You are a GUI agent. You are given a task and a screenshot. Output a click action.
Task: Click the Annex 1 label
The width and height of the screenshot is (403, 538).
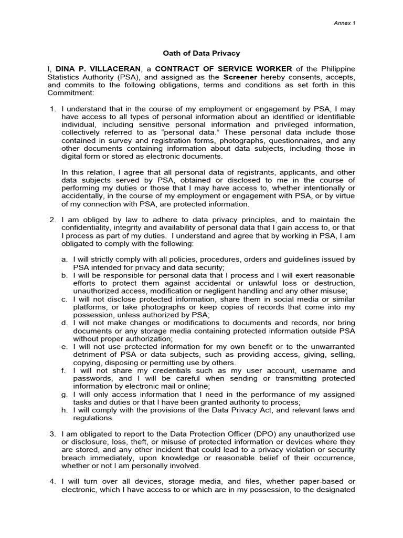(345, 23)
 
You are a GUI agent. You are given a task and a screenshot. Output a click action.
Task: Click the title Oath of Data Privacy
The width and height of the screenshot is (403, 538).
(201, 53)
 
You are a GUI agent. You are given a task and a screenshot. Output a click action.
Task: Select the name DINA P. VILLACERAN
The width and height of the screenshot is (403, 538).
(98, 69)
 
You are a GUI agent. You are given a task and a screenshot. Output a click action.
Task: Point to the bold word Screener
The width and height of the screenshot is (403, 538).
(240, 77)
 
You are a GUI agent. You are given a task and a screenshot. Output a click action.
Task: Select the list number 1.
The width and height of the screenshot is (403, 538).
(52, 108)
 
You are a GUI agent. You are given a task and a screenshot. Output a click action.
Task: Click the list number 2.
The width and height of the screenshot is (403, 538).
(52, 219)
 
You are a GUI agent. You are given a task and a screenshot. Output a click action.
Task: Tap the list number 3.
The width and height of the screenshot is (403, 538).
(52, 433)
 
